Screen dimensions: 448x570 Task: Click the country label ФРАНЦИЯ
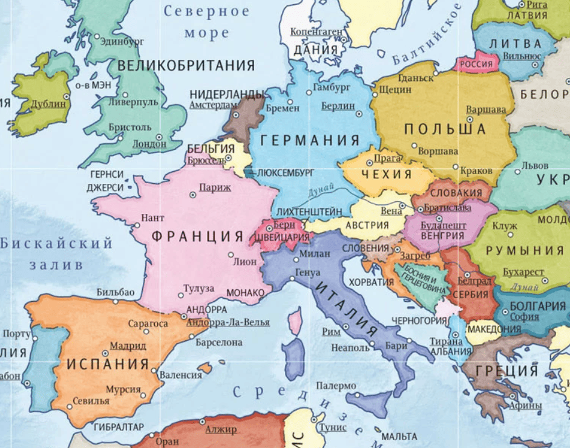click(197, 236)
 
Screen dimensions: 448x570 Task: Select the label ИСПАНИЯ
click(108, 364)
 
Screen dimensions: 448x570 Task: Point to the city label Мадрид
click(128, 346)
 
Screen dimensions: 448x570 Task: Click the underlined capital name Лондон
click(149, 144)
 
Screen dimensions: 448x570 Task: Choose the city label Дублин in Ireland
click(50, 103)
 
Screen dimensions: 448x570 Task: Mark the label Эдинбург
click(123, 41)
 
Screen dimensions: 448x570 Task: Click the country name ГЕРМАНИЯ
click(310, 141)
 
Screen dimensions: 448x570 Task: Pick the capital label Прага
click(388, 158)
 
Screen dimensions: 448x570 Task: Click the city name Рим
click(331, 331)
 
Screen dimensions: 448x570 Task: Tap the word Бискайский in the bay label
click(56, 244)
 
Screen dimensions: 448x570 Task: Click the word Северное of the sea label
click(206, 11)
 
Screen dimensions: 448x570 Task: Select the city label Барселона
click(219, 342)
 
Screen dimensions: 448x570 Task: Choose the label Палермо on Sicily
click(336, 386)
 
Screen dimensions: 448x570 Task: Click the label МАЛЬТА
click(399, 436)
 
